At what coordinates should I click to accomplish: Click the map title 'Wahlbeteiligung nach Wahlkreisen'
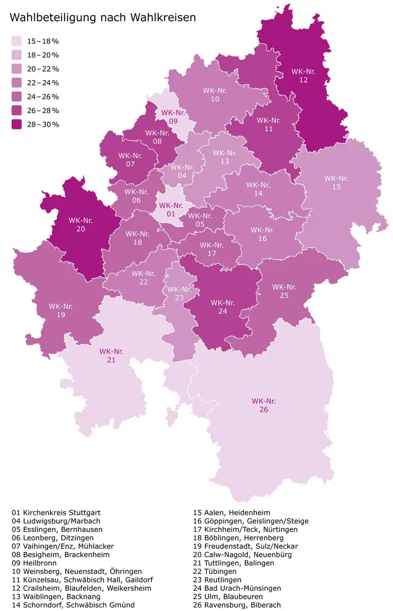click(103, 17)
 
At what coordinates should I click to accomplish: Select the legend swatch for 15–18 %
click(17, 41)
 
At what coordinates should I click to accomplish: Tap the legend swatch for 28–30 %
click(17, 124)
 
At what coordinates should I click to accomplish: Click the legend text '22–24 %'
click(43, 83)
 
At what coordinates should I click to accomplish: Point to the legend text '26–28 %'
click(43, 110)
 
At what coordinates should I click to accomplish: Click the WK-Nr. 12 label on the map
click(303, 75)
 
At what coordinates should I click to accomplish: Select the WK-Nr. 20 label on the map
click(81, 225)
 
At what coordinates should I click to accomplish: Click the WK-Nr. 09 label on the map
click(173, 116)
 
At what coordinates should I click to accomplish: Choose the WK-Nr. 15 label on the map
click(336, 182)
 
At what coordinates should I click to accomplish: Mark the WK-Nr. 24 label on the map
click(223, 306)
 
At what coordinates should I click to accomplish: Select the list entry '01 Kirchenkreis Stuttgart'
click(56, 513)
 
